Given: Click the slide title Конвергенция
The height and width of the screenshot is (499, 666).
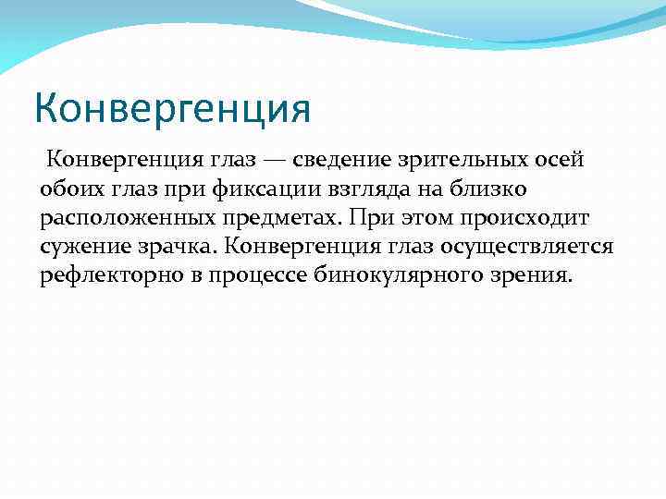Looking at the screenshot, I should (x=172, y=107).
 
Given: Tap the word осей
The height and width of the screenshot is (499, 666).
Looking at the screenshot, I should (x=560, y=160).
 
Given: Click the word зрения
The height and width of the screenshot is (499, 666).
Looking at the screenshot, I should (x=536, y=277).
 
